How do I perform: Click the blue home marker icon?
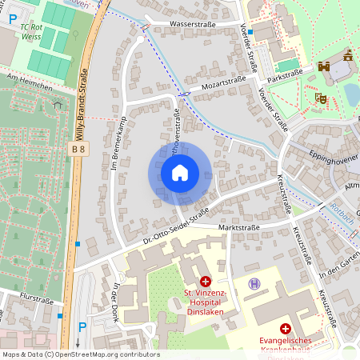(180, 173)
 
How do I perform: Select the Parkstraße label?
(286, 72)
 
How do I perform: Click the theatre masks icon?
(321, 98)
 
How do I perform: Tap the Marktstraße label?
(239, 227)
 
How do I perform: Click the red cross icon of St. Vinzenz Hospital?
(206, 282)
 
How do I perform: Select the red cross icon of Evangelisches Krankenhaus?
(285, 329)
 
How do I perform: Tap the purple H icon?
(254, 283)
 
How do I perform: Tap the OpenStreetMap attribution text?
(80, 354)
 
